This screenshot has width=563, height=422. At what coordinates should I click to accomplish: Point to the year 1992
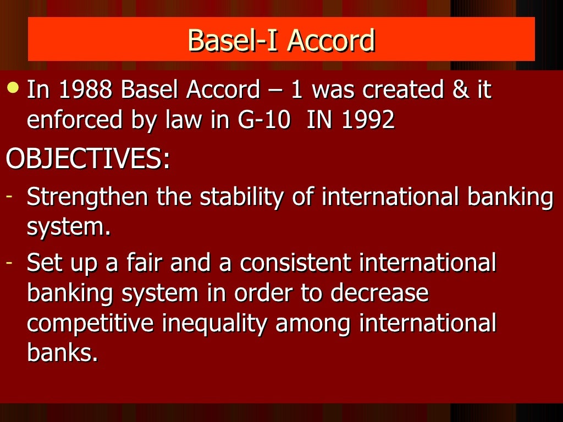pos(368,120)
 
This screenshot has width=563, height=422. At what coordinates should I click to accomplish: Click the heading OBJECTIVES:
pos(88,159)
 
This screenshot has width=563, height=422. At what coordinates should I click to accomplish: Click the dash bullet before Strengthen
pos(9,196)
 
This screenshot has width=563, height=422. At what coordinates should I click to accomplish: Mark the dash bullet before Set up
pos(9,263)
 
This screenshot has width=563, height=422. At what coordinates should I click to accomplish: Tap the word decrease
pos(379,293)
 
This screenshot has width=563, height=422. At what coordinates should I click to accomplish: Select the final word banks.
pos(62,353)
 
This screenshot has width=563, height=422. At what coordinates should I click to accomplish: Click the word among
pos(312,324)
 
